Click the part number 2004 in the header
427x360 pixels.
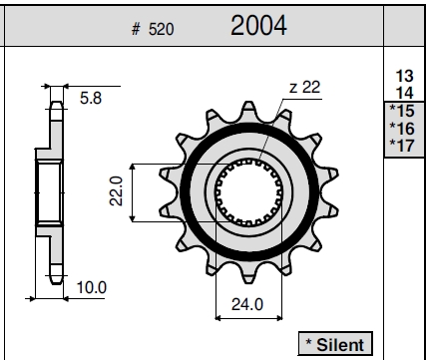coord(258,26)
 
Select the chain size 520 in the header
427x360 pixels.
coord(161,29)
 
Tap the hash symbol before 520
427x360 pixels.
coord(136,29)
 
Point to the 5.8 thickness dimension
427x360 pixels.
coord(91,98)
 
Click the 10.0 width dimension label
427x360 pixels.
coord(92,287)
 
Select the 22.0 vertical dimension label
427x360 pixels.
coord(116,191)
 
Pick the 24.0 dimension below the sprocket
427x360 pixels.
coord(247,304)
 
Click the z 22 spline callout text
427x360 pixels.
coord(304,87)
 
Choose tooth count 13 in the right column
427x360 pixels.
coord(404,76)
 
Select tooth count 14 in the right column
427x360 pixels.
coord(404,93)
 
